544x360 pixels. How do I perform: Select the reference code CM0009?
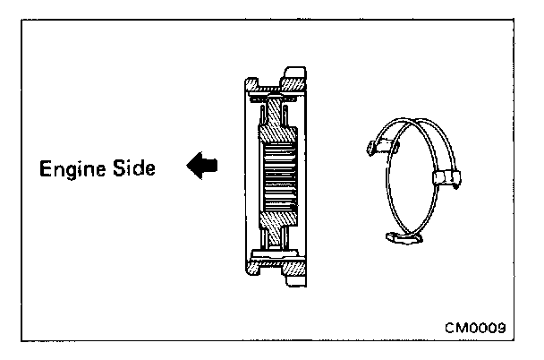pos(476,327)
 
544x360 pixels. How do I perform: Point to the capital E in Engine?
pos(43,167)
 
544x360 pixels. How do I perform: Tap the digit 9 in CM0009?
pos(502,327)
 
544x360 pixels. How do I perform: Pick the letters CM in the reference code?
pos(455,327)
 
